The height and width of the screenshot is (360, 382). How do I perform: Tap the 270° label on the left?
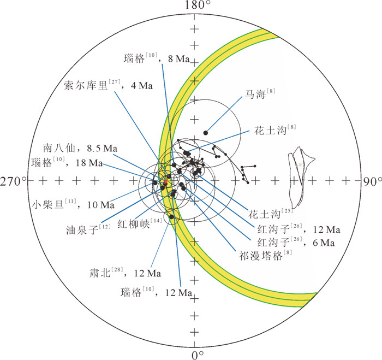[13, 181]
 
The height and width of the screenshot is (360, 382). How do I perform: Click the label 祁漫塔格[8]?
[259, 255]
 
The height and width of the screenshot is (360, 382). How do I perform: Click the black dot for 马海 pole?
[206, 132]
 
